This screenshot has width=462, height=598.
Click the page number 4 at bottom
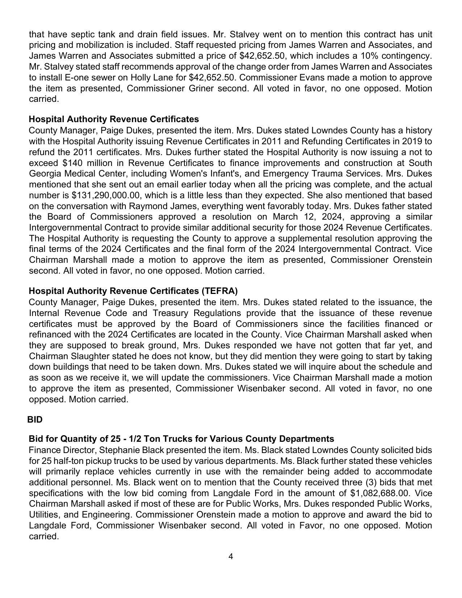(231, 556)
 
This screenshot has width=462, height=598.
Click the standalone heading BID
(35, 419)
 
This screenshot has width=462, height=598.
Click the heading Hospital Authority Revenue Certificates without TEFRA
(114, 119)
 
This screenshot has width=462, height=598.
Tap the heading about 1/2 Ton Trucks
(181, 439)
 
